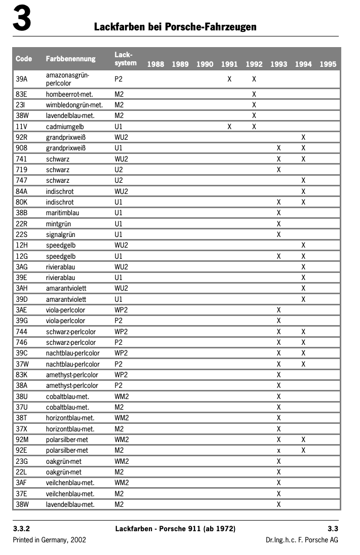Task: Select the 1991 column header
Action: pos(229,64)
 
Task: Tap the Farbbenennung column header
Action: pos(70,59)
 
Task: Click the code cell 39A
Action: pos(22,79)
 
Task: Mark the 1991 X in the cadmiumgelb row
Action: pos(229,127)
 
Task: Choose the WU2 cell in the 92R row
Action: pos(122,137)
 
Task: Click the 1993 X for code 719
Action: pos(278,170)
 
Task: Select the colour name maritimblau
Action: pos(62,213)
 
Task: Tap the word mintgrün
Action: pos(58,223)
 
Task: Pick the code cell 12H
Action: pos(22,245)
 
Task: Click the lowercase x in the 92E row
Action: pos(278,451)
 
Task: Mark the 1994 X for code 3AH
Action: pos(303,288)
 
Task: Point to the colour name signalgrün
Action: pos(61,234)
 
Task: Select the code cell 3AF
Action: pos(21,483)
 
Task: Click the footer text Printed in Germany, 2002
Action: pos(49,540)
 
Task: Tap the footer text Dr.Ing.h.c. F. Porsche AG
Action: pos(302,540)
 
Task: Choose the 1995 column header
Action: pos(328,64)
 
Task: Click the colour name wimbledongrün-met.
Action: pos(74,105)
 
